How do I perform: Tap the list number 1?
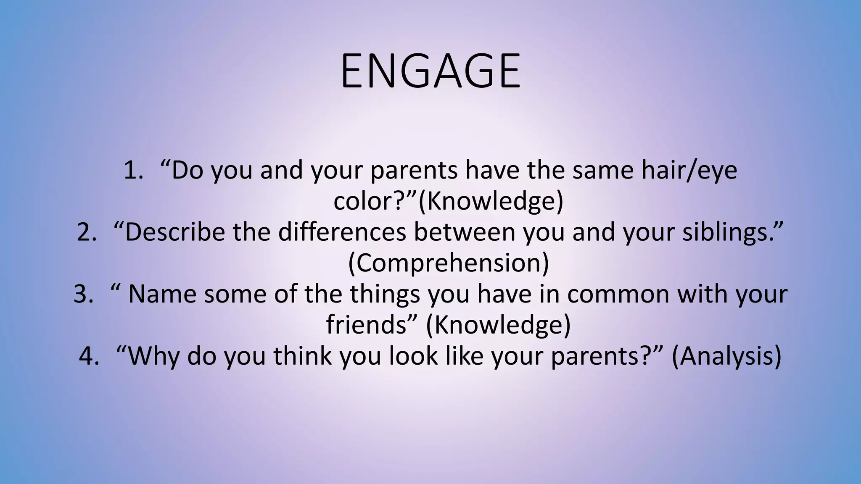point(134,171)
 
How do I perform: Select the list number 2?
point(87,232)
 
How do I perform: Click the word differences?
point(342,232)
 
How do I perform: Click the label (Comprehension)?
point(449,263)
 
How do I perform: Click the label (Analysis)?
point(726,356)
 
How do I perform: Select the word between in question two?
point(464,232)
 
